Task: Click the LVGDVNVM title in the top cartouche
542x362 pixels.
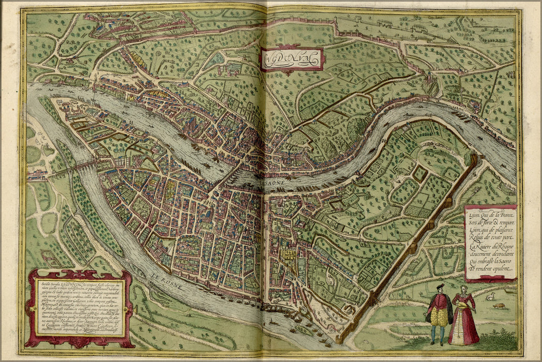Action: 292,58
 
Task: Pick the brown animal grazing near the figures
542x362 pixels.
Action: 499,306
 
